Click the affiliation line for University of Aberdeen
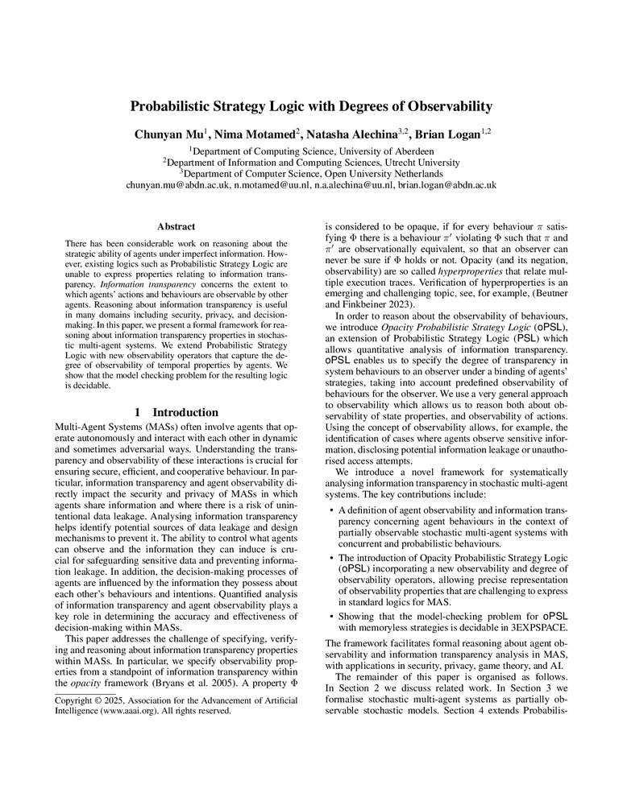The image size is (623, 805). click(x=311, y=151)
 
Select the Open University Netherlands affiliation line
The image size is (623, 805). click(x=311, y=173)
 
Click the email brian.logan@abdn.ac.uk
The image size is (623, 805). click(x=441, y=185)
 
